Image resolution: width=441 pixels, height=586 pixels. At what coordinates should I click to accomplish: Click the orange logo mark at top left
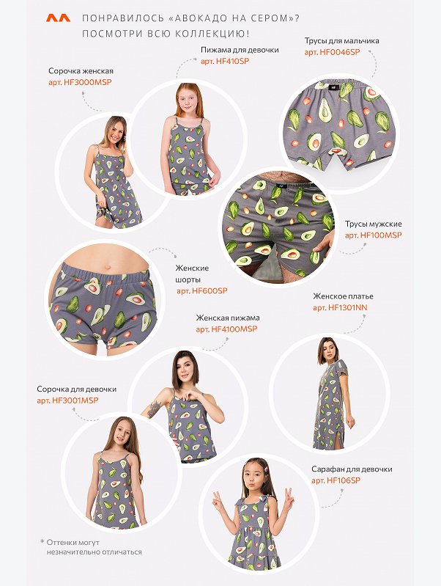58,18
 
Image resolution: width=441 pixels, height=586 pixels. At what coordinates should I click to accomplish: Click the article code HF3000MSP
80,82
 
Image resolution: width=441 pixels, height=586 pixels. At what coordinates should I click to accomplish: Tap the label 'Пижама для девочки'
240,50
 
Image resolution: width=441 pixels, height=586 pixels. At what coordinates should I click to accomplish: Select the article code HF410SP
225,62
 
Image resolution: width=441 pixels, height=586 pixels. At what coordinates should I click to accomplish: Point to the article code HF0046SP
333,52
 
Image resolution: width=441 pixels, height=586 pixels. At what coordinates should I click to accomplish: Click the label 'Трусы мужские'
374,224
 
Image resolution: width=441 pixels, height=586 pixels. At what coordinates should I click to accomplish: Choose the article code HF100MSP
374,235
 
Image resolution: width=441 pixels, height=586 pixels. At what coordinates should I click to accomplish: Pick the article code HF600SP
202,290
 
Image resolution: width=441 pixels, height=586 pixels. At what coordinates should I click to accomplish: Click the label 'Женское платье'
343,296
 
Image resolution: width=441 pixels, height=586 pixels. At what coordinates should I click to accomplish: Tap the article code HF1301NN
340,307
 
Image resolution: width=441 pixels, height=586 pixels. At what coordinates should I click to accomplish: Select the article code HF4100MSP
226,329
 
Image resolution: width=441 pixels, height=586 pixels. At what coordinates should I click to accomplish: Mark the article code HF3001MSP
67,400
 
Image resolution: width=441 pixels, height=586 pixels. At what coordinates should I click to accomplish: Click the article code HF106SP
336,480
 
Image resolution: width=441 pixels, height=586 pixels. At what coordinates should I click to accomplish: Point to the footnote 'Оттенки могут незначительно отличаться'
91,547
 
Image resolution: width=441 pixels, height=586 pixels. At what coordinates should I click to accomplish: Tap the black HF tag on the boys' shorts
333,87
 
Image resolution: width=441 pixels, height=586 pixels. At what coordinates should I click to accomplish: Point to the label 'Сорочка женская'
81,71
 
